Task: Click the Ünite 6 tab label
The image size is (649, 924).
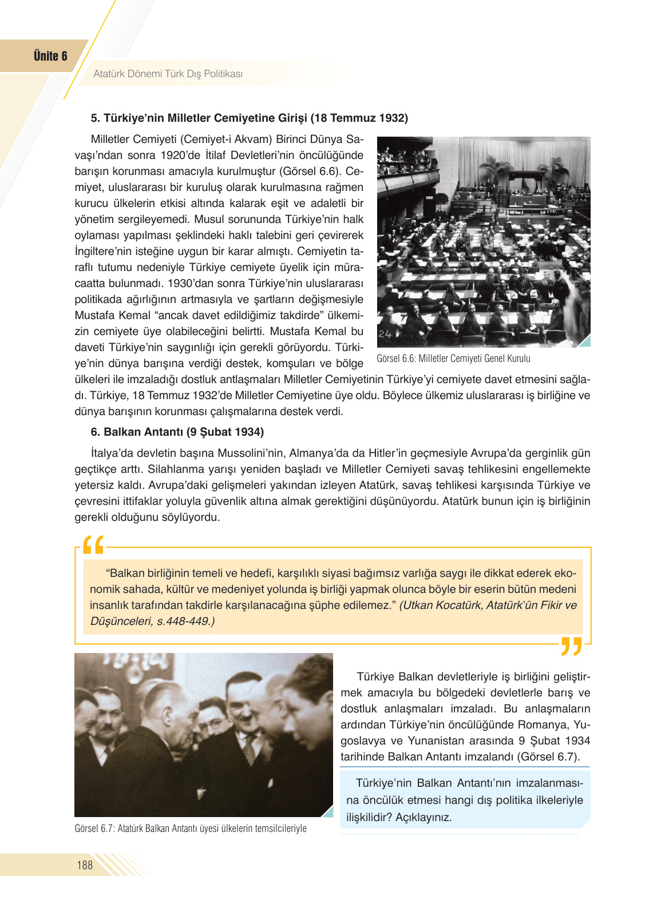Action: [x=50, y=56]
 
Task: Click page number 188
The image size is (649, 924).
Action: [x=85, y=865]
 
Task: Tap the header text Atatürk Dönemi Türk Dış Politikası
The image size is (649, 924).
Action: [x=168, y=74]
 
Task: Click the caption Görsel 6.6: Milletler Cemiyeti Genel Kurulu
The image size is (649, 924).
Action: [x=453, y=359]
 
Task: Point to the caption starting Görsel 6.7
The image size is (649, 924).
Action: [x=190, y=829]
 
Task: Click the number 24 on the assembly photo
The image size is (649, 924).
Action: [x=385, y=333]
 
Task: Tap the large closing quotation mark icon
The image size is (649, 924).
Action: [x=571, y=646]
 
